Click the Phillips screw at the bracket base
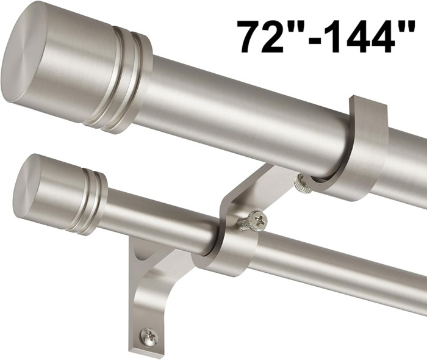149,337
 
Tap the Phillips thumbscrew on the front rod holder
253,221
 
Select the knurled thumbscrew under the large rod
303,184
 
